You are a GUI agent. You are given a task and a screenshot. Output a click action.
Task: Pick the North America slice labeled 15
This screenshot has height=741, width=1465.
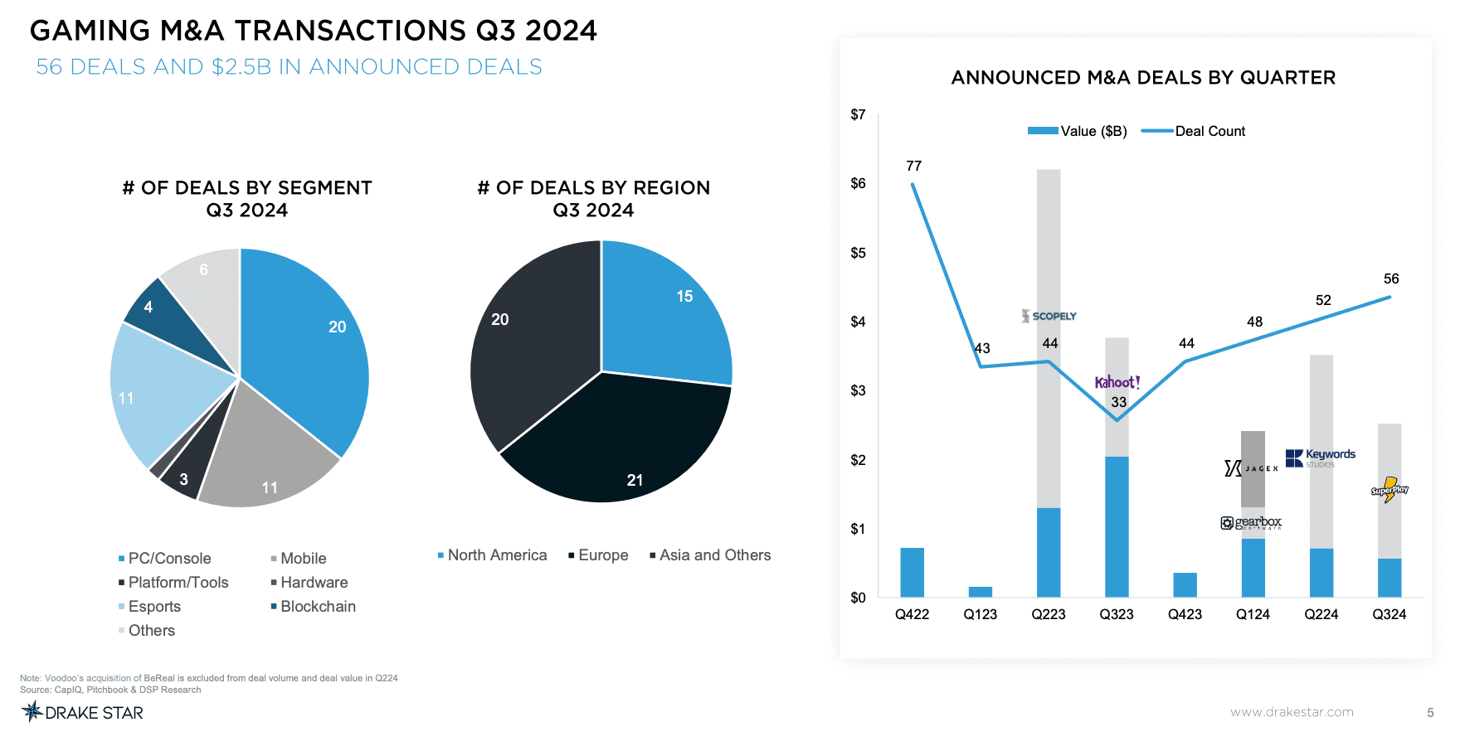click(x=664, y=315)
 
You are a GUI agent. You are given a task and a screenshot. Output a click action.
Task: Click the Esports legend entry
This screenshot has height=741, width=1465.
click(x=153, y=607)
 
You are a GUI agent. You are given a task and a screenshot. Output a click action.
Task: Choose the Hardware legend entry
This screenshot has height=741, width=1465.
click(x=314, y=583)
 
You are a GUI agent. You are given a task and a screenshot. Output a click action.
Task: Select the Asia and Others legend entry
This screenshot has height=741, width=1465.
click(x=714, y=555)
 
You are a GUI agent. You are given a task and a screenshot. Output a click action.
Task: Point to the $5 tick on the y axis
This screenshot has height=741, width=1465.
click(x=858, y=253)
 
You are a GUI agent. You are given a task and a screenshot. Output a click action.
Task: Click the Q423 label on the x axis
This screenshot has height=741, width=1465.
click(x=1185, y=614)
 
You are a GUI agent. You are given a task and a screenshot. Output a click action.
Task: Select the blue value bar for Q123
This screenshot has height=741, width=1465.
click(x=980, y=592)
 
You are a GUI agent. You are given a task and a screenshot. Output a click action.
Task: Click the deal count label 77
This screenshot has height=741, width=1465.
click(x=913, y=166)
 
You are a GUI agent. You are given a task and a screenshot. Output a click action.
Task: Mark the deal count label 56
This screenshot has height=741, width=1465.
click(x=1391, y=278)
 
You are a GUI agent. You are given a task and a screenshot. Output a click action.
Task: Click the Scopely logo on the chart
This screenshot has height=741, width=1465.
click(x=1049, y=316)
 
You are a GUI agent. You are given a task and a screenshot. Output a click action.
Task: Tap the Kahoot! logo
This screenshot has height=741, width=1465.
click(x=1117, y=382)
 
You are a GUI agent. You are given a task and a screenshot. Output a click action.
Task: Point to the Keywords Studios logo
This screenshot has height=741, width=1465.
click(x=1320, y=458)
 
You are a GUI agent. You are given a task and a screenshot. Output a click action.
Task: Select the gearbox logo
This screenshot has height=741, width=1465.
click(x=1251, y=522)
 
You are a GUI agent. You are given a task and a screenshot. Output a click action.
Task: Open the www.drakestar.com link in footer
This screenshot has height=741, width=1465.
click(x=1292, y=712)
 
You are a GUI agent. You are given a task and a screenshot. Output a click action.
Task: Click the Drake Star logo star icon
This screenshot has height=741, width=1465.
click(x=32, y=711)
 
